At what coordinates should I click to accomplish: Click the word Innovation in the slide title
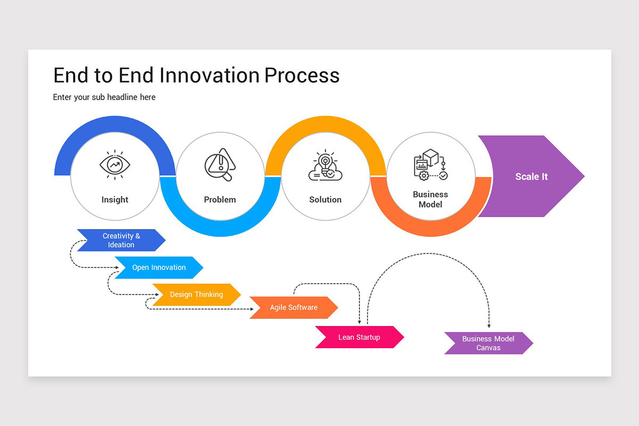click(209, 75)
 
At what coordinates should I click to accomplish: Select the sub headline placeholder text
click(104, 97)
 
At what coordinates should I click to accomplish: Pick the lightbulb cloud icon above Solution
click(325, 166)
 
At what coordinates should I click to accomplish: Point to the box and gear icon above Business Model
click(430, 165)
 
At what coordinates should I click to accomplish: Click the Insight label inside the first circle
click(115, 200)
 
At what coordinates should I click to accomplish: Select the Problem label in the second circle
click(220, 200)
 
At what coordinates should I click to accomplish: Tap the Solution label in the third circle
click(325, 200)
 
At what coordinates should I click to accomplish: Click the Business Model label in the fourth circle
click(430, 199)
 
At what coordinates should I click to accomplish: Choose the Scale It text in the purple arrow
click(531, 176)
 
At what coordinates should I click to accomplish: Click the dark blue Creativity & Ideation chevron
click(121, 240)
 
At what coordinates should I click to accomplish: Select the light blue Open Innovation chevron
click(159, 267)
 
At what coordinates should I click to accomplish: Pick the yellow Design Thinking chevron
click(196, 294)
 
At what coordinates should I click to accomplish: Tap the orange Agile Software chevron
click(293, 307)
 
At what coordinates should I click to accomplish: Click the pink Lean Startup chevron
click(359, 337)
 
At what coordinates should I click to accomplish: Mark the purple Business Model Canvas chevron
click(488, 343)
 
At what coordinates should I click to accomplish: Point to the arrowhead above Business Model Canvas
click(489, 326)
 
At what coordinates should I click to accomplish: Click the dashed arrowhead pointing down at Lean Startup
click(360, 322)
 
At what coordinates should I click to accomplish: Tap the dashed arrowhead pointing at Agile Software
click(251, 308)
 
